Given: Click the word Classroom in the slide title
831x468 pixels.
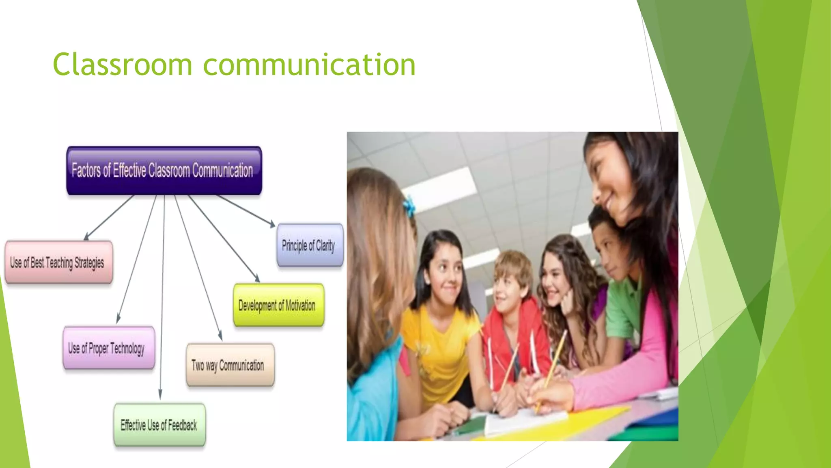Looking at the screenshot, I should click(122, 65).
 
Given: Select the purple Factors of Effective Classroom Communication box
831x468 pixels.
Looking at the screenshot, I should click(164, 171).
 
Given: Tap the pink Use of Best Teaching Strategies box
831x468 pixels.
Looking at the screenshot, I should click(59, 262).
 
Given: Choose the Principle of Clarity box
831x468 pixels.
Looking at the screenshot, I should click(310, 245).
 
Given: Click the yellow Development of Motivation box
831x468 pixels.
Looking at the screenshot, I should click(279, 305).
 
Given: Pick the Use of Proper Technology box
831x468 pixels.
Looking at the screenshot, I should click(109, 348).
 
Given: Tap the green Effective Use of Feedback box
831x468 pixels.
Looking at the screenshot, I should click(159, 425).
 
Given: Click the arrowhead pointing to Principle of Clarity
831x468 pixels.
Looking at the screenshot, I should click(272, 224).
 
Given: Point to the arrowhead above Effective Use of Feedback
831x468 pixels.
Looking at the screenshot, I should click(160, 395).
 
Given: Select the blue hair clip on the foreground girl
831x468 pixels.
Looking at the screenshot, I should click(409, 205).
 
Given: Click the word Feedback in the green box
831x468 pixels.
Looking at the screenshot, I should click(182, 425).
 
